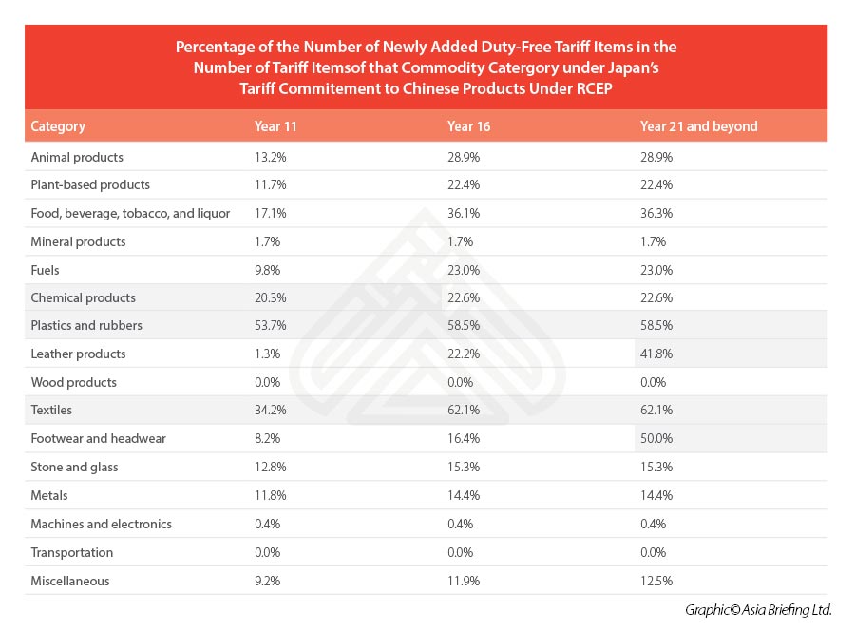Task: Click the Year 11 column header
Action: (x=275, y=126)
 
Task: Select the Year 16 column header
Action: (x=468, y=126)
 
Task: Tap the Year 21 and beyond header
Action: (x=698, y=126)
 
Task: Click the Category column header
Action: (x=58, y=126)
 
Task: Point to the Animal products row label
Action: (x=77, y=157)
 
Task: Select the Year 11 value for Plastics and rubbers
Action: (x=271, y=325)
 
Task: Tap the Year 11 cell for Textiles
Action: (x=271, y=410)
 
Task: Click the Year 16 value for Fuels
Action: (x=464, y=269)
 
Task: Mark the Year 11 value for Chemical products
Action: (x=271, y=297)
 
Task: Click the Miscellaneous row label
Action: (x=70, y=581)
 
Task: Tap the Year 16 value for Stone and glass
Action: (x=464, y=467)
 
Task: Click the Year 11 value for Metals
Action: (x=271, y=495)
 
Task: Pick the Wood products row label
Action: (x=74, y=382)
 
